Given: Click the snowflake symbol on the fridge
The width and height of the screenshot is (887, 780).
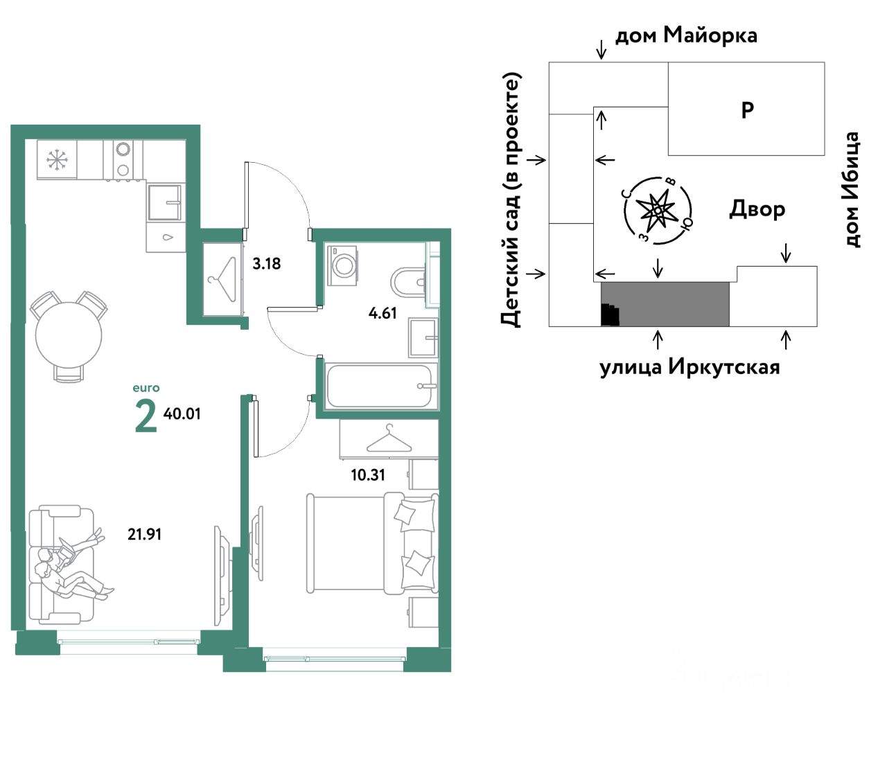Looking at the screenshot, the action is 56,159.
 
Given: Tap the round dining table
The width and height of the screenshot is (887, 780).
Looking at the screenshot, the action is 69,335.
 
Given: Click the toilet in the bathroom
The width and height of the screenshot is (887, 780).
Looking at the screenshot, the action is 407,281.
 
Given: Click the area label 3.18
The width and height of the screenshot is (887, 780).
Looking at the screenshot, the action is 266,263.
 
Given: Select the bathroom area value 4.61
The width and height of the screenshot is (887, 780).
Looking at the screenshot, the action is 383,313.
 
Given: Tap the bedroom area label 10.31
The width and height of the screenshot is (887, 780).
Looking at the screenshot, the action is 368,475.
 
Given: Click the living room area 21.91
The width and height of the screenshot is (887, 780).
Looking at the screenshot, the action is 144,534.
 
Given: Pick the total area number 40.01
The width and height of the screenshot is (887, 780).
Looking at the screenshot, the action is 182,414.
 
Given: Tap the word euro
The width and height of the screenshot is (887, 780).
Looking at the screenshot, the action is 146,388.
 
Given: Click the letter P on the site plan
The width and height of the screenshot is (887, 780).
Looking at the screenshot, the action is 747,109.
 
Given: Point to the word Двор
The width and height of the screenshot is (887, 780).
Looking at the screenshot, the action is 757,210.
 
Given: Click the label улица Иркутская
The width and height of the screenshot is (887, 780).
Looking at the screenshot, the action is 690,366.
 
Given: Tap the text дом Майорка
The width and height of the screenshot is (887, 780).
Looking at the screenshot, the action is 686,35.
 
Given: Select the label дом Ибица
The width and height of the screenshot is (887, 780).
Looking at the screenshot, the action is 851,190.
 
